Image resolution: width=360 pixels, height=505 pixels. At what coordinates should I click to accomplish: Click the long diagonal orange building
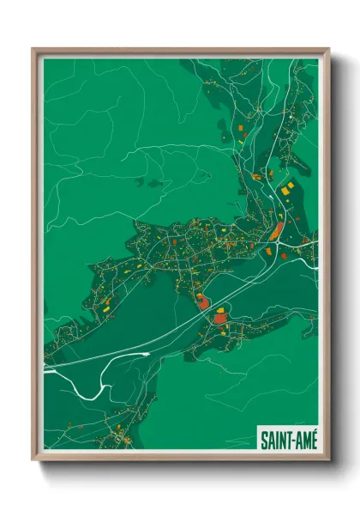coord(277,230)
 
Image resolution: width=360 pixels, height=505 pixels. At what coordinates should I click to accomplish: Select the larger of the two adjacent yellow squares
coord(289,186)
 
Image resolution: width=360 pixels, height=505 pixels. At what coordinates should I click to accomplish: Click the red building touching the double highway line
coord(203,301)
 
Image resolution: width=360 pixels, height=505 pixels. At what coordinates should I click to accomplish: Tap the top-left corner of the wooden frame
coord(34,50)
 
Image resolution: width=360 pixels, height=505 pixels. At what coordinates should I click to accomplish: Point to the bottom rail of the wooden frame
coord(180,456)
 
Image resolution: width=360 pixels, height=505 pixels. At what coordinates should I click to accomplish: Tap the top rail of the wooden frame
coord(180,51)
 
